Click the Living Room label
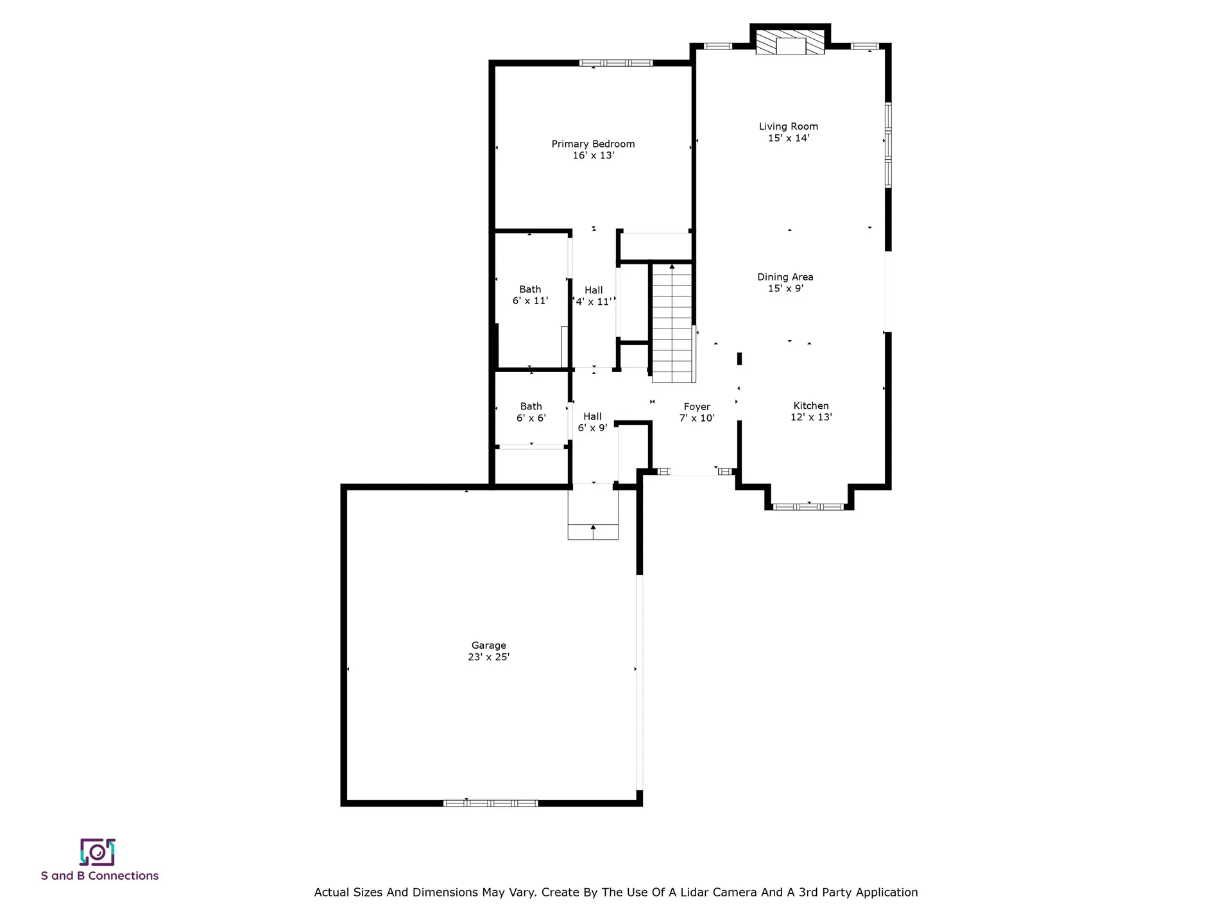[x=788, y=126]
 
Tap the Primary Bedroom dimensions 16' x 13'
[x=594, y=155]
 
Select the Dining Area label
[x=785, y=277]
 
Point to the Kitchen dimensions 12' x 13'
[x=811, y=417]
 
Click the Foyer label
[x=697, y=407]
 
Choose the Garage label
[x=489, y=646]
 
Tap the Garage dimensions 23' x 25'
[x=489, y=657]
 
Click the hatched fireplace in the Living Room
[x=791, y=42]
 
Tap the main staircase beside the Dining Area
[x=673, y=323]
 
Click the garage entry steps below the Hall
[x=593, y=512]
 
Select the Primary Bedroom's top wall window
[x=616, y=63]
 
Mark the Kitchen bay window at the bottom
[x=809, y=507]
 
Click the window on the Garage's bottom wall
[x=491, y=803]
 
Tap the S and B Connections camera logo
[x=98, y=852]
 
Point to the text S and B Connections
[x=99, y=876]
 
